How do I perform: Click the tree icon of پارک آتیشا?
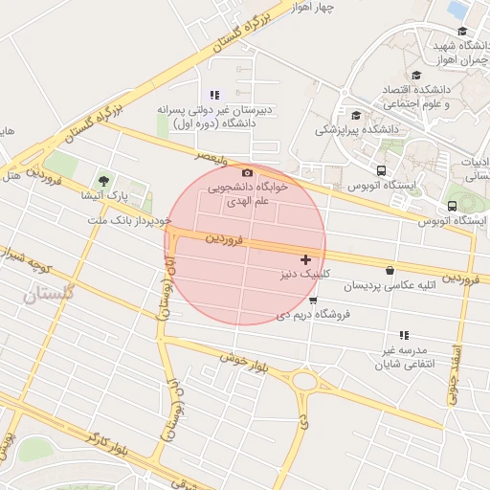tap(103, 180)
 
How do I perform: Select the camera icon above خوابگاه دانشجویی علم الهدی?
tap(248, 172)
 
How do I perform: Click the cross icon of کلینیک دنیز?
tap(305, 259)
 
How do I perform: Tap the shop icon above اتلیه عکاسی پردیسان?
tap(390, 271)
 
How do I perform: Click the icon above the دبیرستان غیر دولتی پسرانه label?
tap(214, 95)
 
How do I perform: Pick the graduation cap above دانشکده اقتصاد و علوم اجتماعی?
tap(415, 76)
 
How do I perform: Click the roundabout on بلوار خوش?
tap(306, 383)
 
